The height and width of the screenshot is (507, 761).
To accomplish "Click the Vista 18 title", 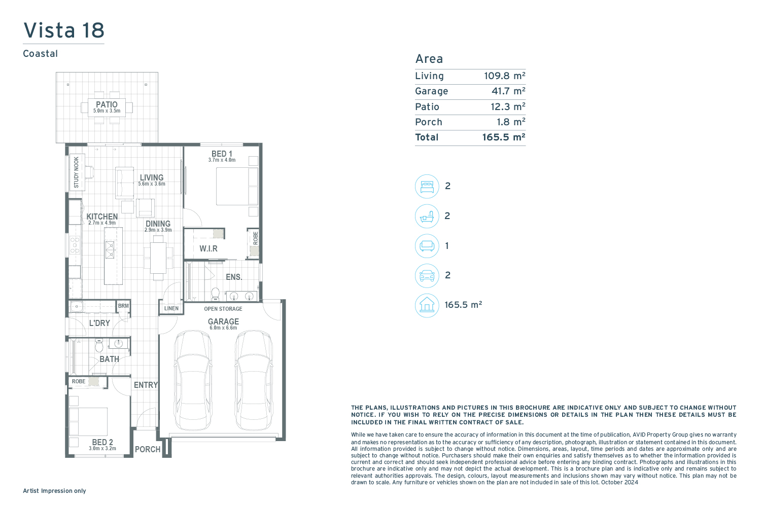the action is click(x=63, y=30).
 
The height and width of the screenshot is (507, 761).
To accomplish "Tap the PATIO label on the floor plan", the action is click(x=107, y=104).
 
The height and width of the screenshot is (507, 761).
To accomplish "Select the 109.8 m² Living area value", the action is click(x=504, y=76).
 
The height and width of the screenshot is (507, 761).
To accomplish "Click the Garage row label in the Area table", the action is click(x=431, y=91).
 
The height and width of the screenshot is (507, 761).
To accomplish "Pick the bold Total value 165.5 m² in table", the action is click(x=504, y=137).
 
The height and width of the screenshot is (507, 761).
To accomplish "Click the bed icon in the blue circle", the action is click(x=427, y=187).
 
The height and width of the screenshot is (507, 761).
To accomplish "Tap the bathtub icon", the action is click(x=427, y=216).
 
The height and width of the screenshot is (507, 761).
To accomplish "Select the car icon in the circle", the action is click(x=427, y=275).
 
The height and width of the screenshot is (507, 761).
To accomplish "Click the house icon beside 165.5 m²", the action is click(x=427, y=305).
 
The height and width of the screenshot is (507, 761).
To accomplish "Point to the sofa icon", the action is click(x=427, y=245).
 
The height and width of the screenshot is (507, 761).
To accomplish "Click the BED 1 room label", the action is click(x=222, y=154).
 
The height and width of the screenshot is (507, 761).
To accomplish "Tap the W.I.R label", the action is click(x=208, y=248).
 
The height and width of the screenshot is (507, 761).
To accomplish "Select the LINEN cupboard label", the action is click(x=171, y=308).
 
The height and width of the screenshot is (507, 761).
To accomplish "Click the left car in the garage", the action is click(x=193, y=380).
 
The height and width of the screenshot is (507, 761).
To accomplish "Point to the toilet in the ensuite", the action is click(x=216, y=294).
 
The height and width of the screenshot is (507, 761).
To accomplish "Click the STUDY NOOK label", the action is click(x=77, y=172).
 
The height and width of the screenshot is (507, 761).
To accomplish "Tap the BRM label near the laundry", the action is click(x=123, y=306).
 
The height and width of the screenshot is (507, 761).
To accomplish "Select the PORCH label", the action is click(x=148, y=449).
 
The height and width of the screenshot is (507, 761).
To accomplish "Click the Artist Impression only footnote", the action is click(x=54, y=491).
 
